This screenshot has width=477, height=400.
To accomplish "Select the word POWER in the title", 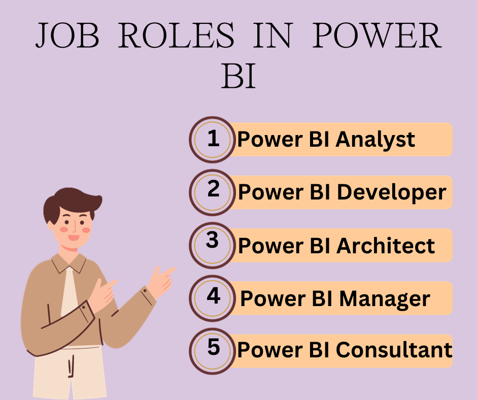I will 376,37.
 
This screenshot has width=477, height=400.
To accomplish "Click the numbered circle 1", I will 213,139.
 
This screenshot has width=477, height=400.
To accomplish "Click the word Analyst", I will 376,139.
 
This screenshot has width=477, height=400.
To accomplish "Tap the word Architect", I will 386,246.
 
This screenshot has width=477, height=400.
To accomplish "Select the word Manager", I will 385,298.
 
